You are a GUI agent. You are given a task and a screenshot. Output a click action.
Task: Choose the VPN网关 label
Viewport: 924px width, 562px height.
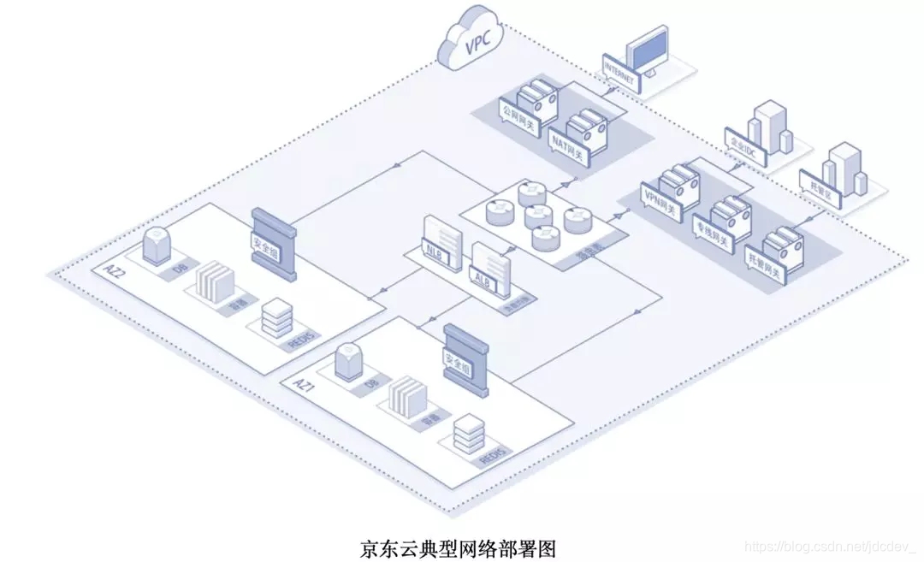tap(660, 198)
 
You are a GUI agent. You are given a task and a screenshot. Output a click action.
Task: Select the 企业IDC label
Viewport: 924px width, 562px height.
tap(742, 143)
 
